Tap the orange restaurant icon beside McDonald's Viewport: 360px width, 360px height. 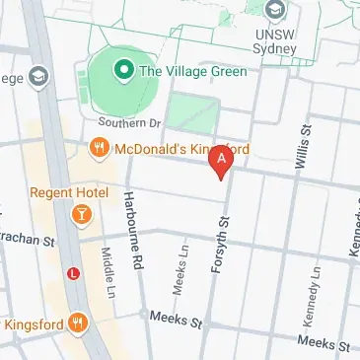[x=98, y=150]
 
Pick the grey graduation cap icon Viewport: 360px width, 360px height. [x=38, y=76]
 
